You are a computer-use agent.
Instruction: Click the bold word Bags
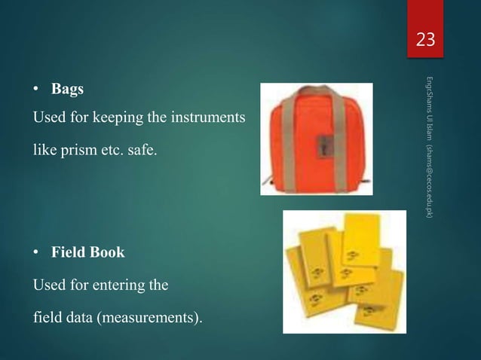[x=67, y=90]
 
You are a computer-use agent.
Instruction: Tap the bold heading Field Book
[x=87, y=253]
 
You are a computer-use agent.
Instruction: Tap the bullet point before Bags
[x=35, y=90]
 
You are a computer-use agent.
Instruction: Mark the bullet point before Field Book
[x=35, y=253]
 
